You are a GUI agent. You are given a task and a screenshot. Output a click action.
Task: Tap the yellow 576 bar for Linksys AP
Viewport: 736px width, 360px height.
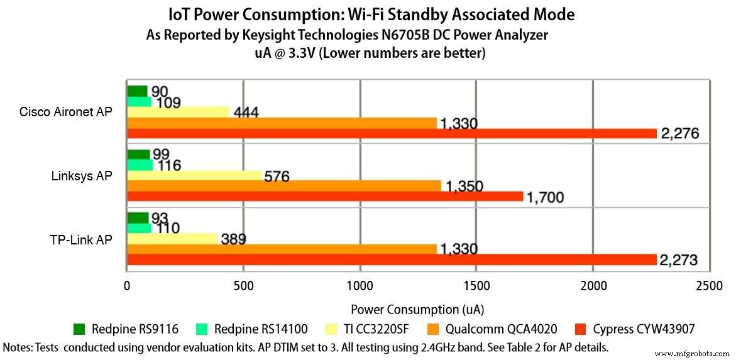point(194,175)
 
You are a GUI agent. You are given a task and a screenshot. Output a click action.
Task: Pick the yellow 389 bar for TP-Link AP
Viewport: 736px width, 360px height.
point(172,239)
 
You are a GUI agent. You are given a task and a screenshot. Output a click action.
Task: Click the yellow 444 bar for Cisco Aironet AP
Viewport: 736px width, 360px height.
point(179,112)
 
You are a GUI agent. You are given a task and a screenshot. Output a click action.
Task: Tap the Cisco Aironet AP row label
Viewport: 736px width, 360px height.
point(66,112)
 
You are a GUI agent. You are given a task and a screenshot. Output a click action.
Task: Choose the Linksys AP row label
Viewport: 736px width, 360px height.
point(82,176)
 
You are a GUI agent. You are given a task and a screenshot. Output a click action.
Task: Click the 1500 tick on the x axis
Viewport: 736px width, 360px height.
point(476,286)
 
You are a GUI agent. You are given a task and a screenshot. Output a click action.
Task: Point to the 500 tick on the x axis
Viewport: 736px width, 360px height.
point(243,286)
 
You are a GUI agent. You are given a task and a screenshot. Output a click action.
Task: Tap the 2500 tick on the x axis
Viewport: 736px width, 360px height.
point(709,286)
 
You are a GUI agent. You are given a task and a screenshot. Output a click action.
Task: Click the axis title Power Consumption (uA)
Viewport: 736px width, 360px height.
point(417,309)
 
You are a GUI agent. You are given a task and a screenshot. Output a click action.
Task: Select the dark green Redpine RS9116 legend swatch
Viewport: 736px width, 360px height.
point(79,329)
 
